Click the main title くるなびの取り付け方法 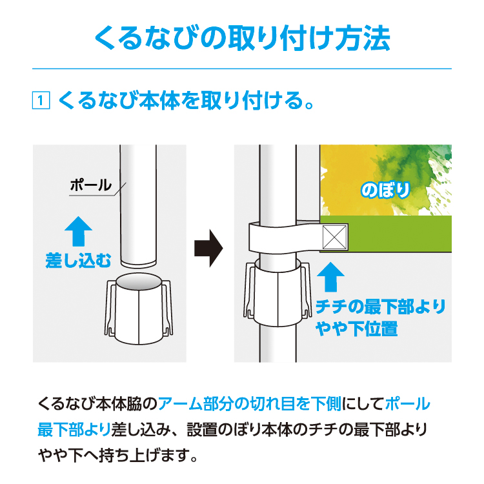242,39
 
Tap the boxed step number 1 41,100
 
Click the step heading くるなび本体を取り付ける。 186,100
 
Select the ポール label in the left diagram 90,185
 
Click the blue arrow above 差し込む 78,231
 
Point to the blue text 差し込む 78,261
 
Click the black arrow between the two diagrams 208,248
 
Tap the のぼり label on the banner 385,190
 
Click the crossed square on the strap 334,237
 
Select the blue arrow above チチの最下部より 330,277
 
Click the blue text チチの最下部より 381,307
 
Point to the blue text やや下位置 356,328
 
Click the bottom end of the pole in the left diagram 138,265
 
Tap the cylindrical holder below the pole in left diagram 139,308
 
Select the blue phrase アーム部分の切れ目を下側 250,404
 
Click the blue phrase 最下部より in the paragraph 74,429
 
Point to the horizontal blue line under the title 242,68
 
